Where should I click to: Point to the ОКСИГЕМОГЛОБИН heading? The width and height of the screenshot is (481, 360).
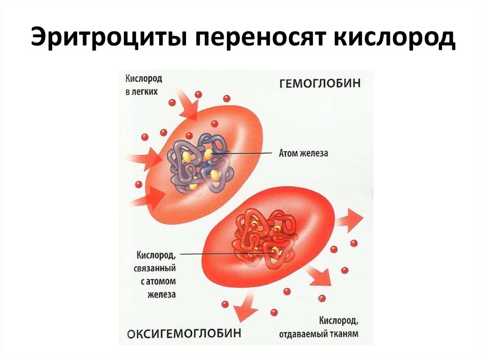tap(185, 333)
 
